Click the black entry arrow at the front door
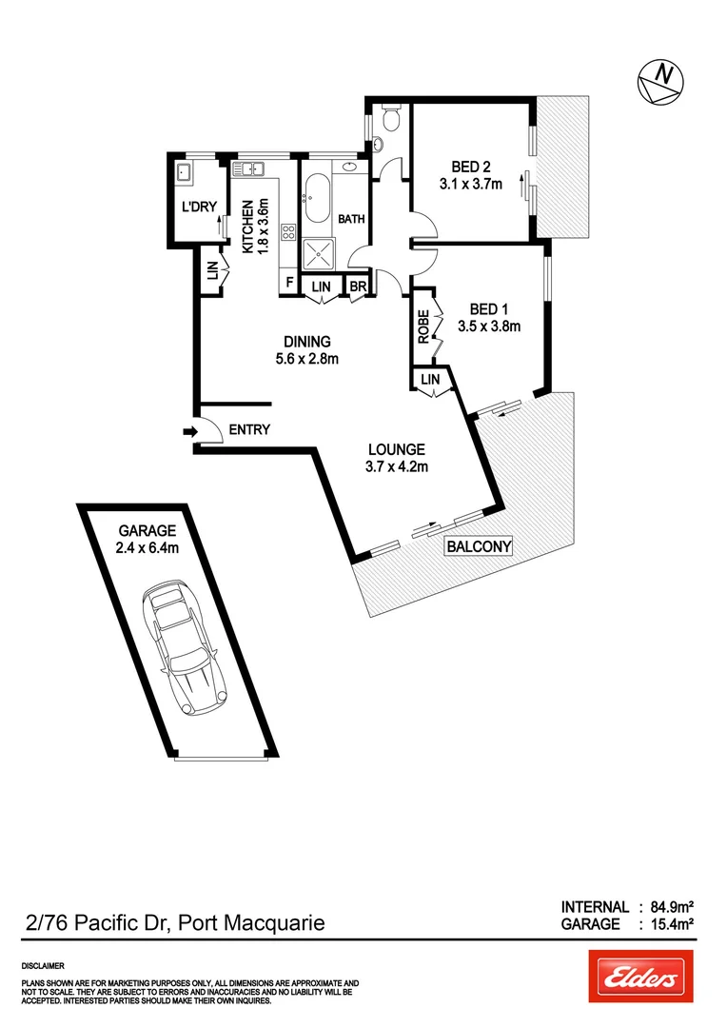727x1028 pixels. pos(188,433)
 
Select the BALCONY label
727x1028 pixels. pos(479,546)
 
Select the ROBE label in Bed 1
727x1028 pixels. pos(422,325)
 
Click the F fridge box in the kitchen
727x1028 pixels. pos(288,284)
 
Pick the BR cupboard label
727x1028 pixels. pos(358,286)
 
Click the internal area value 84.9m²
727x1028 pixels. pos(666,907)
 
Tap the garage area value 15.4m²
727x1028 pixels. pos(666,923)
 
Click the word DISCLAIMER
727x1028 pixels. pos(43,964)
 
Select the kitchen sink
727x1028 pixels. pos(251,169)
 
